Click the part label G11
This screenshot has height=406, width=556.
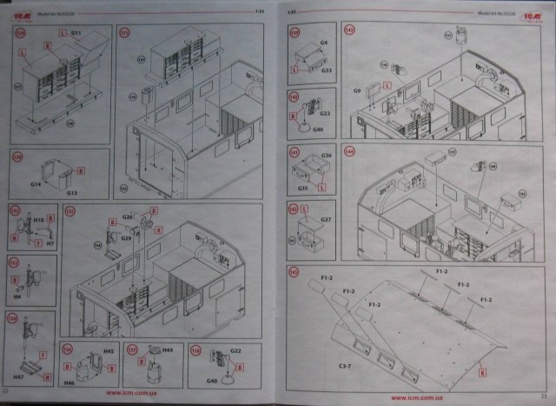(x=76, y=32)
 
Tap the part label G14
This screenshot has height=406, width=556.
(x=36, y=185)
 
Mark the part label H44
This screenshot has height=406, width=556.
(x=167, y=350)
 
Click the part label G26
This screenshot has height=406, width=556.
(x=127, y=216)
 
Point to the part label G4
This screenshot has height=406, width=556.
(x=323, y=42)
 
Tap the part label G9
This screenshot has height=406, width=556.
(x=356, y=90)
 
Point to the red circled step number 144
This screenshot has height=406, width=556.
(x=350, y=150)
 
